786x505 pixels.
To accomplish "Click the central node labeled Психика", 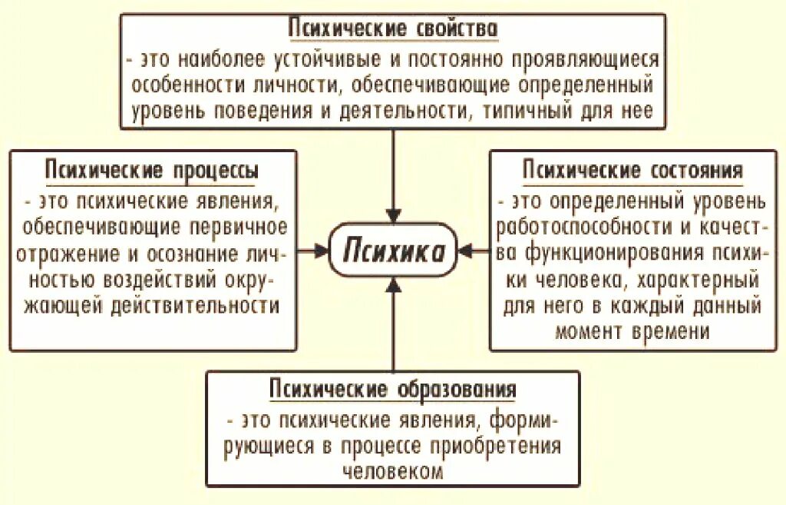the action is coord(392,251).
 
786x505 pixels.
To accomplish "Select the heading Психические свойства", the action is coord(393,29).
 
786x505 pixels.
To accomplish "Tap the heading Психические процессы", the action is coord(151,170).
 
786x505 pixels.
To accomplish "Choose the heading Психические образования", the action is coord(392,389).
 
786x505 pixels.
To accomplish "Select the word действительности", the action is coord(193,305).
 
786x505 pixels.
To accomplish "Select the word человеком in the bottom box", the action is coord(392,472).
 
